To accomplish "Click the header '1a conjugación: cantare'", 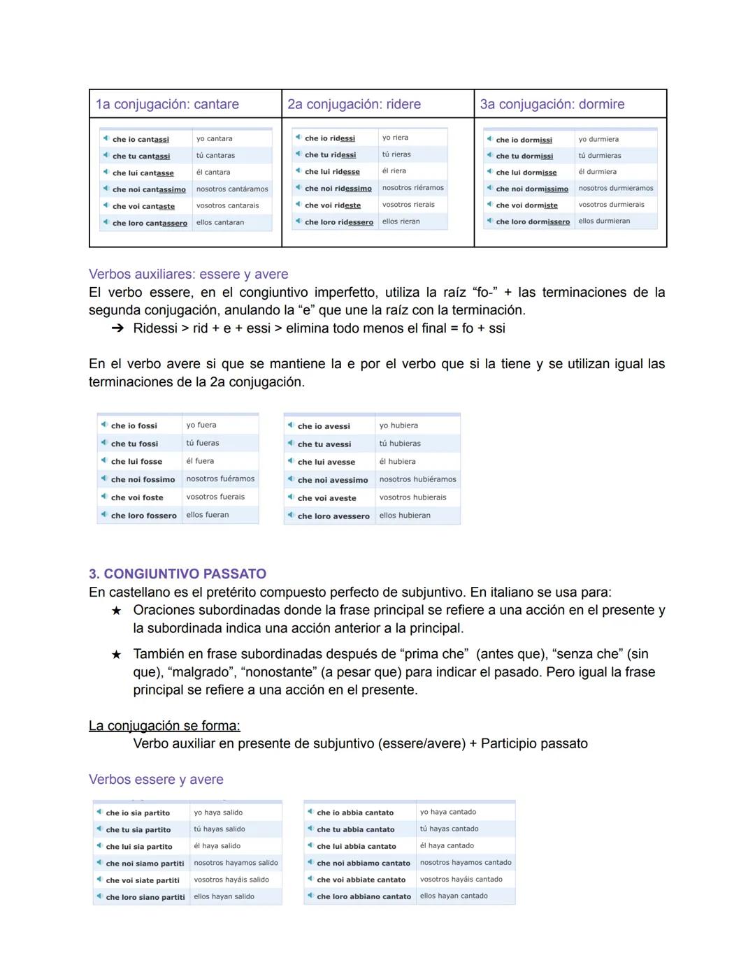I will click(x=167, y=104).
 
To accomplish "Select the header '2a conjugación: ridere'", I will click(x=354, y=104).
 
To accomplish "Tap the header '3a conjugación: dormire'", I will click(x=552, y=104).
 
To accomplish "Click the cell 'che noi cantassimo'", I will click(x=149, y=189).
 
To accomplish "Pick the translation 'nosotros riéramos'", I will click(x=412, y=188).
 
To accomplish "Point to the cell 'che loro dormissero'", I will click(x=533, y=221).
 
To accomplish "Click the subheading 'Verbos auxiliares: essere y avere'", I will click(x=188, y=274).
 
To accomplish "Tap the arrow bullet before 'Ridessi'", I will click(x=117, y=328).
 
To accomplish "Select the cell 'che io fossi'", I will click(x=134, y=425).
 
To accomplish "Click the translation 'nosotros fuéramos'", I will click(x=220, y=479).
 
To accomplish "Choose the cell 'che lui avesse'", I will click(x=326, y=462).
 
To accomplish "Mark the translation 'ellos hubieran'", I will click(x=405, y=516).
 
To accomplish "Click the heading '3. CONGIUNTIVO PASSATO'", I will click(x=178, y=574).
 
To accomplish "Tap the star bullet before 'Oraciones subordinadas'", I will click(x=116, y=611).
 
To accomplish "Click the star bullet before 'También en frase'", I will click(x=116, y=655).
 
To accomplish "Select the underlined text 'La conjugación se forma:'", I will click(x=164, y=726).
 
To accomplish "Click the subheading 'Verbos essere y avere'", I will click(x=156, y=779).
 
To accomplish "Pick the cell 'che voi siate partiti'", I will click(x=143, y=880).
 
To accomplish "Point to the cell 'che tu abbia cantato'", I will click(x=356, y=829).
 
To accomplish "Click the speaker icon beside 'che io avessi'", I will click(x=290, y=425).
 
